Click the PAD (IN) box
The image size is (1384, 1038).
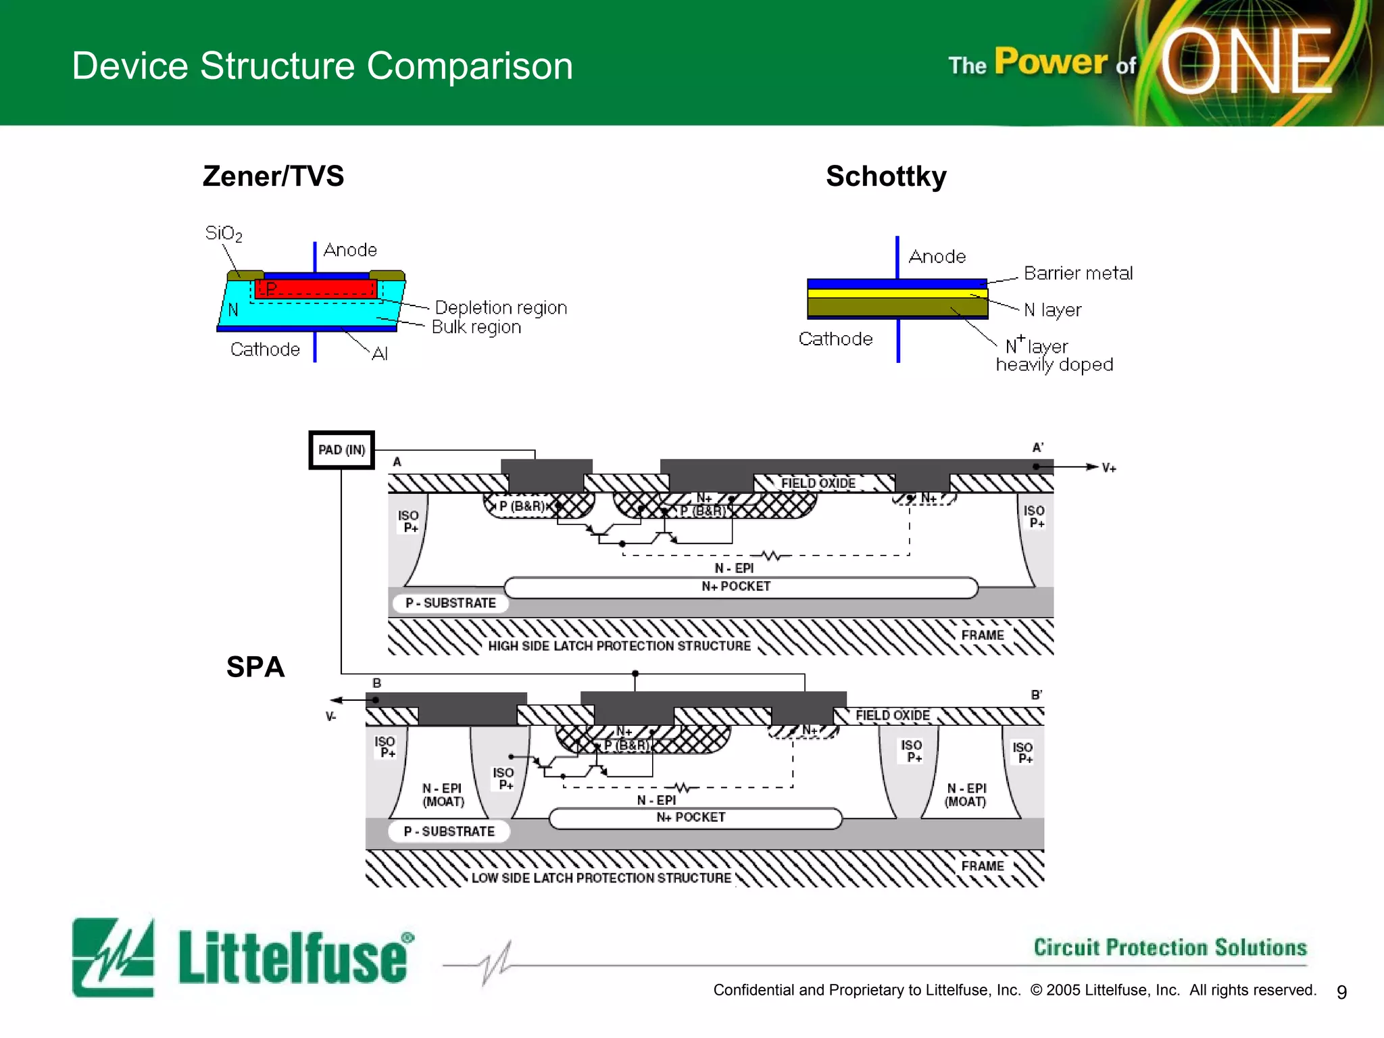(341, 450)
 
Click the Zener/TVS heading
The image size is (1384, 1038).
(273, 176)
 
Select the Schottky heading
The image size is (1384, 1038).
(886, 176)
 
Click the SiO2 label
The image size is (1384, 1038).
(223, 234)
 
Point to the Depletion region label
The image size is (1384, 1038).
(501, 307)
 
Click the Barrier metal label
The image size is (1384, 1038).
(1078, 273)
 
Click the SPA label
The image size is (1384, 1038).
(255, 667)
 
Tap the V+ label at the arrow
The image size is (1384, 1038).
(1109, 468)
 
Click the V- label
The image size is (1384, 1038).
(330, 716)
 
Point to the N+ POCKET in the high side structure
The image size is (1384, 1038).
(737, 587)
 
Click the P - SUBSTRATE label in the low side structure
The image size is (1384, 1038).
(449, 831)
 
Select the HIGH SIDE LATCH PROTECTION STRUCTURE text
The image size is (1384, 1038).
(619, 646)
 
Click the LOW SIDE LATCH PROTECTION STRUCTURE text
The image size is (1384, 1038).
(601, 878)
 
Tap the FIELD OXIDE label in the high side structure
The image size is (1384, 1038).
(818, 483)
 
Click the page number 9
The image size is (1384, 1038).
(1341, 991)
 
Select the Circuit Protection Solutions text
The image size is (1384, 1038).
(1170, 947)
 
